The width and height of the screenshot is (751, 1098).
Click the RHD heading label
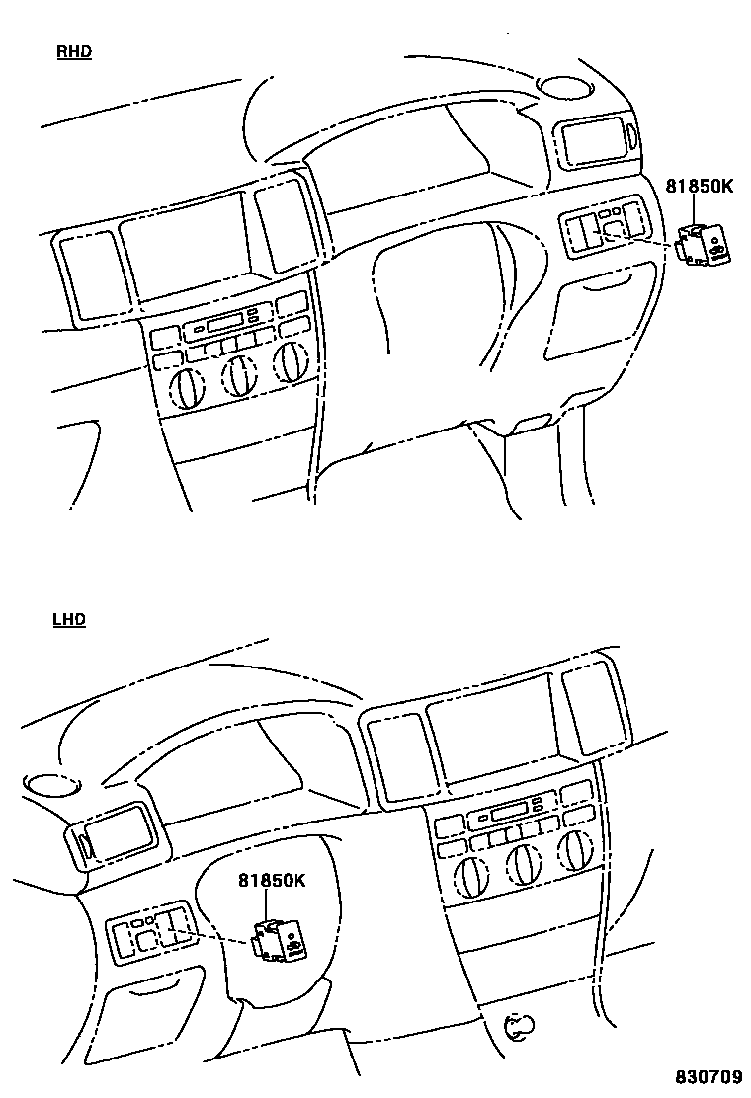tap(73, 52)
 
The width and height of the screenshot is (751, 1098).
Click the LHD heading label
tap(68, 620)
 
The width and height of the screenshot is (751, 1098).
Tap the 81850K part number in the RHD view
tap(699, 185)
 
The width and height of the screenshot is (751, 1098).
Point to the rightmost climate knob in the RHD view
tap(290, 363)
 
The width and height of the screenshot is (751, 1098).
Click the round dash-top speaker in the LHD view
tap(46, 784)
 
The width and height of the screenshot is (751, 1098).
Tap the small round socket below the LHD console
tap(516, 1028)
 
